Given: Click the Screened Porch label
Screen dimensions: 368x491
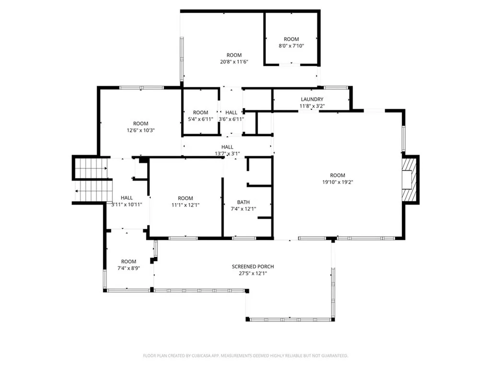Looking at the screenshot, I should (253, 266).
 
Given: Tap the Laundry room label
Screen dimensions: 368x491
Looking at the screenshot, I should (312, 99).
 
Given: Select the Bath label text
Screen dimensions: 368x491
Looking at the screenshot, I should (243, 202).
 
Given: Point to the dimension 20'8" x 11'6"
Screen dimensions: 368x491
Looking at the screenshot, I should (234, 62).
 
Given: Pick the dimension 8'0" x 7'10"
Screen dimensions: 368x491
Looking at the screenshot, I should (291, 46).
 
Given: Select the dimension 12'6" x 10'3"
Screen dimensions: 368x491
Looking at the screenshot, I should (140, 130).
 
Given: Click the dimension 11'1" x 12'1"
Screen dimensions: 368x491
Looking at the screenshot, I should (185, 205).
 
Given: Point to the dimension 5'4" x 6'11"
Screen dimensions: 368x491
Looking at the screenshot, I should (200, 119).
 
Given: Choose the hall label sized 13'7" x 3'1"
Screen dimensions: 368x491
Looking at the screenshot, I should (227, 147).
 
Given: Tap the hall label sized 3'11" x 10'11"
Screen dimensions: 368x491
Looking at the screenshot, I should (127, 197).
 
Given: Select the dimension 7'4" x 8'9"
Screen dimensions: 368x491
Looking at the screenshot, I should (129, 268).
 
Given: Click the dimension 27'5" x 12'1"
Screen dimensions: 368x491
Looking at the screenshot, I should (253, 274).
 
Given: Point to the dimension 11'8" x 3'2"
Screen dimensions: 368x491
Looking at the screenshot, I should (312, 106).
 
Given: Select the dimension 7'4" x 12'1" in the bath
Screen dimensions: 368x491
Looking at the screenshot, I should (243, 209).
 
